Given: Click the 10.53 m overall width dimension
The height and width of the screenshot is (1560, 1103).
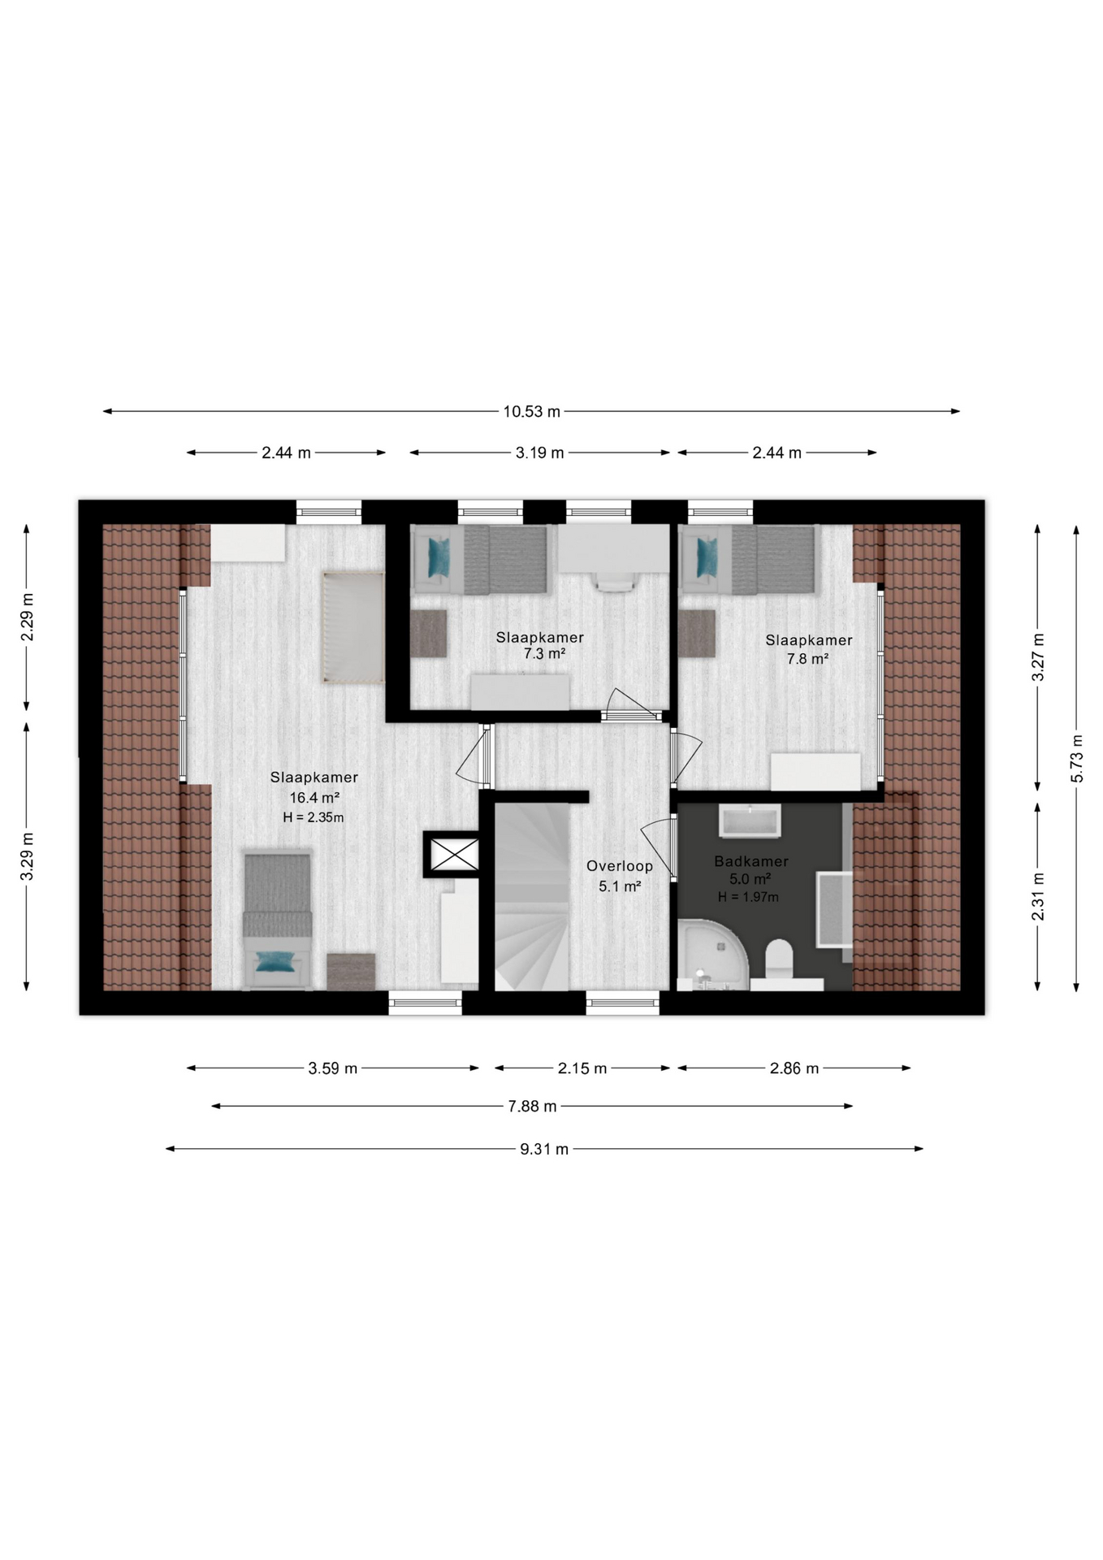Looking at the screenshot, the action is click(x=531, y=411).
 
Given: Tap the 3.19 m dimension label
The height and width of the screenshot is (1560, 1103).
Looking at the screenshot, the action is click(x=539, y=453).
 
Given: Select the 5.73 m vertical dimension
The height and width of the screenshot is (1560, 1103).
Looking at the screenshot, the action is click(x=1077, y=758).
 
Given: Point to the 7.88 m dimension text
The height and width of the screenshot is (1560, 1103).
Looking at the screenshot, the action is click(x=532, y=1106).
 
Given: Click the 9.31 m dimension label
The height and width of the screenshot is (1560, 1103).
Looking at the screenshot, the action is click(x=544, y=1149).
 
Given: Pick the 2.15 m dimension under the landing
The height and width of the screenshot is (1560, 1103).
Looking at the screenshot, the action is click(x=582, y=1068).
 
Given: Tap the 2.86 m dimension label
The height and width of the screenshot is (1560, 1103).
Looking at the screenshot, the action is click(x=794, y=1068).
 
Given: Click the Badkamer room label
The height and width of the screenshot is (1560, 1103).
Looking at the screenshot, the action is click(x=751, y=861).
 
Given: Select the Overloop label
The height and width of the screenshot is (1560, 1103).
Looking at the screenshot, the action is click(x=620, y=866).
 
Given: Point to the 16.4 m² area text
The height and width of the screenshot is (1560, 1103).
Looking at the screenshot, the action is click(x=314, y=798).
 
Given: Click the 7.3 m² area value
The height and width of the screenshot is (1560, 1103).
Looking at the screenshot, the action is click(x=544, y=653).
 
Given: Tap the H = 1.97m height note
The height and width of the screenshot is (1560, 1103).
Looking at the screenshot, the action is click(x=748, y=897).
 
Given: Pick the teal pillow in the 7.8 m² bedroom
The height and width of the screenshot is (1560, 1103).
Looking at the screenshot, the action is click(x=707, y=557).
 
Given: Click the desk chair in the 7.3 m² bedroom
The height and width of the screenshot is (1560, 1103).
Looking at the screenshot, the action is click(x=615, y=580).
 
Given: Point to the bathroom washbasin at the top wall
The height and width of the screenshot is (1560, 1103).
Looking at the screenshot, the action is click(x=750, y=821).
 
